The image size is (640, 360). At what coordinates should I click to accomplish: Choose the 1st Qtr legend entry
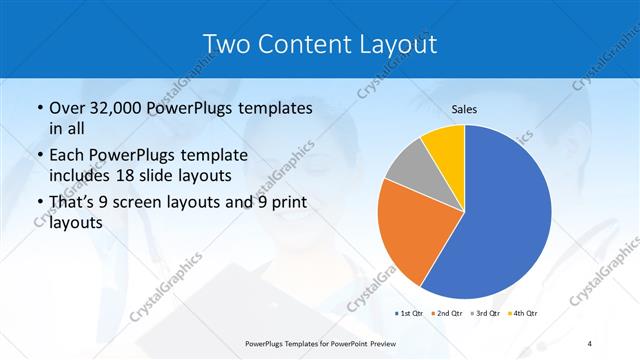pos(411,313)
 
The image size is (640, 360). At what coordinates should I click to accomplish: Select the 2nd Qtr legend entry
pos(446,313)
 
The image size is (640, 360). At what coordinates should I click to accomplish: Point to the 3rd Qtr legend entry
pos(484,313)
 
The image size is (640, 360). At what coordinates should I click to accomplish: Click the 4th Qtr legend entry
pos(522,313)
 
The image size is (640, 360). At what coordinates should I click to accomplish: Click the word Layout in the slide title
pos(399,43)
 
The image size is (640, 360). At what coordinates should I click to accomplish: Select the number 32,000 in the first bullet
pos(121,107)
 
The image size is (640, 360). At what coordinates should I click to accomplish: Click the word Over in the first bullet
pos(67,107)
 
